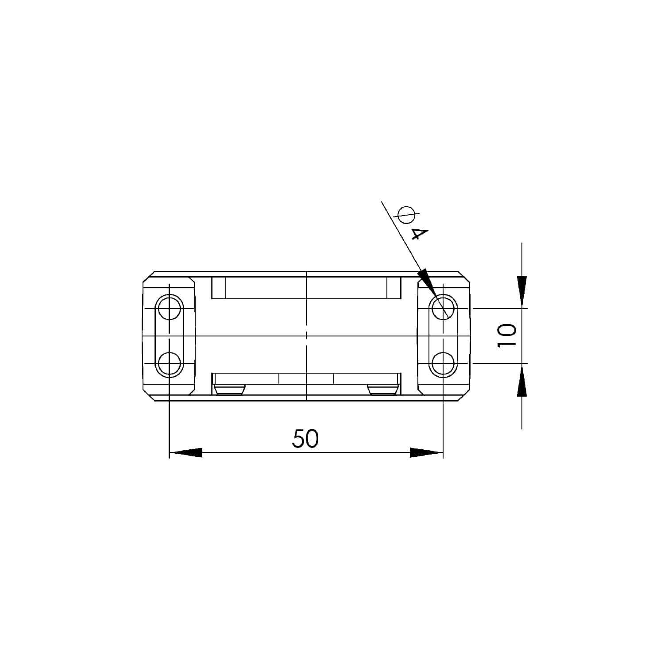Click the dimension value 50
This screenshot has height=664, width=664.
(x=305, y=439)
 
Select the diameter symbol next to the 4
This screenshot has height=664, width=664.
(x=406, y=215)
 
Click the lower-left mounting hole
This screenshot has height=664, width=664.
(x=170, y=364)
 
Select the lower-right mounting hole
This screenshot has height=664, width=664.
(x=444, y=364)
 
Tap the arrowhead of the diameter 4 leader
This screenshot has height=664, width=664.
(x=425, y=281)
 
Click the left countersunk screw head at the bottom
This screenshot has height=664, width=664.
(x=229, y=390)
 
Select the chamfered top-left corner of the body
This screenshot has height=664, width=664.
(x=148, y=276)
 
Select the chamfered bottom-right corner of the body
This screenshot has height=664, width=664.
(x=464, y=396)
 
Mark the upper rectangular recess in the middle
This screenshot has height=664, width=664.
(x=306, y=288)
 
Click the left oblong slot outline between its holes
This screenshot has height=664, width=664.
(x=170, y=336)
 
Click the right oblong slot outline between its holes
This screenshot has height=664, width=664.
(x=444, y=336)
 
